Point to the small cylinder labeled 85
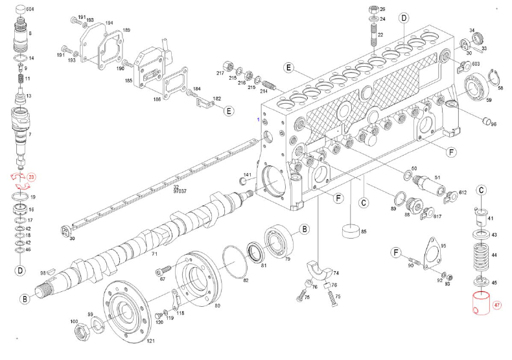350,231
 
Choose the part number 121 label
150,341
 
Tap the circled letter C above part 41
482,190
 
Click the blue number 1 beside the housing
257,121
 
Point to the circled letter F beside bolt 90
395,252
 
